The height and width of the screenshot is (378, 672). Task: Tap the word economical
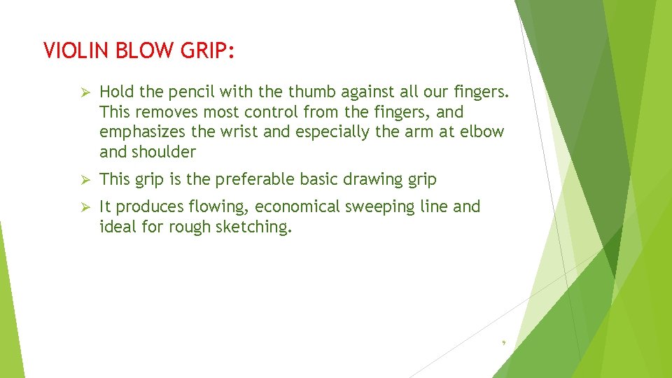(x=290, y=206)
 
